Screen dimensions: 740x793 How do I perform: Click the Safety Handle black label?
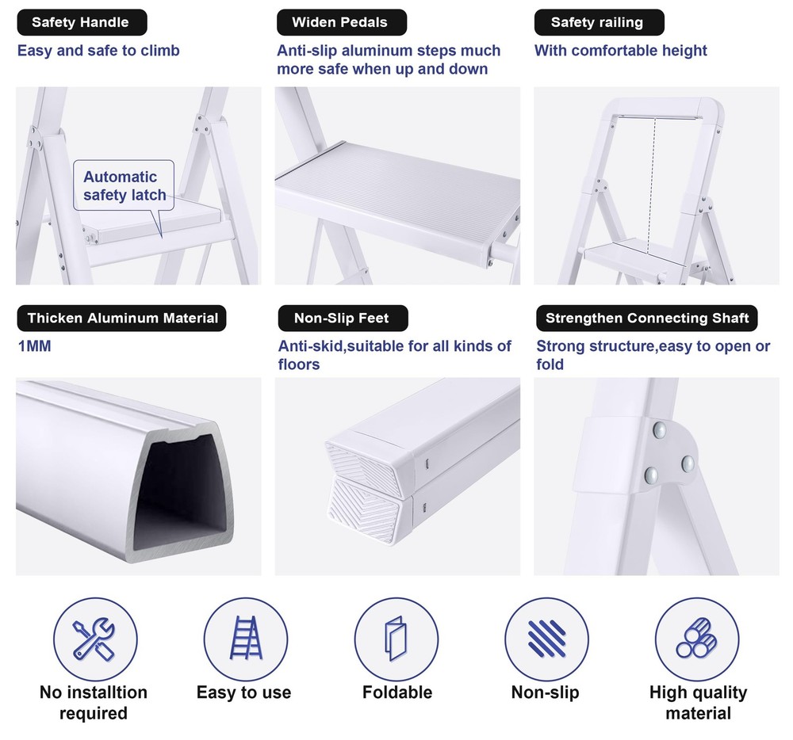(80, 22)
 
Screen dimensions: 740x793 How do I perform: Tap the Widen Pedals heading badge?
(341, 22)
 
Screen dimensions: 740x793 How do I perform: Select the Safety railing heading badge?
(597, 22)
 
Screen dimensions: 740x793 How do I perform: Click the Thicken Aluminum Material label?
(122, 319)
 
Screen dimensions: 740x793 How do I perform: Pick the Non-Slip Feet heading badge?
(342, 319)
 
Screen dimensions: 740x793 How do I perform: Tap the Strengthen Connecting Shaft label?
(646, 319)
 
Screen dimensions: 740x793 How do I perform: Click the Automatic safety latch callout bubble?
(125, 186)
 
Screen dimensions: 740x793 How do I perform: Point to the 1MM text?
(35, 346)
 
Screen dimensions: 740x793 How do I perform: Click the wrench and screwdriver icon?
(94, 639)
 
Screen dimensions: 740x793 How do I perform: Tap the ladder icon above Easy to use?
(245, 639)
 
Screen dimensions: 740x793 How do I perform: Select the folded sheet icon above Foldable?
(396, 639)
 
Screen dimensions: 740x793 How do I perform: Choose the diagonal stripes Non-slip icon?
(546, 639)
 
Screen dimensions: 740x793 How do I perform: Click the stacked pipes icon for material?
(697, 639)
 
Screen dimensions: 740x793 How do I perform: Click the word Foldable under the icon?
(397, 692)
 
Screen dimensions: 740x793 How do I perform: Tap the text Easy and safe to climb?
(99, 51)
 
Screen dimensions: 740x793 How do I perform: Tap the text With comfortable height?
(621, 51)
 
